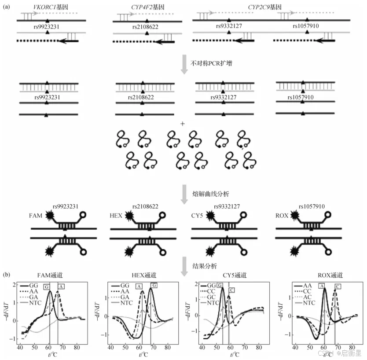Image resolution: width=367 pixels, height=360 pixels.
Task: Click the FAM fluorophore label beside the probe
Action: click(35, 217)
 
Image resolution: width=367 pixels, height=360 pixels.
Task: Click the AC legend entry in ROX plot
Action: click(307, 298)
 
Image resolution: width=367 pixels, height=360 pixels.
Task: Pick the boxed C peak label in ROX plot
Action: click(338, 287)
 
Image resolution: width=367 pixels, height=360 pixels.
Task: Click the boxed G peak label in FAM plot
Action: click(47, 287)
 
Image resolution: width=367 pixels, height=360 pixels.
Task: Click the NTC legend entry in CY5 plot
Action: click(213, 303)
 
